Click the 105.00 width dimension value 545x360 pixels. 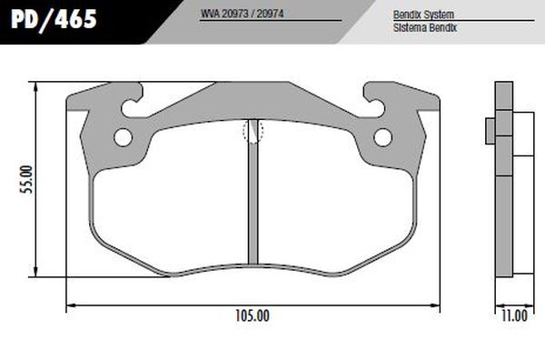(x=252, y=316)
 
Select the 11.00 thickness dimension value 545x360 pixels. (x=514, y=316)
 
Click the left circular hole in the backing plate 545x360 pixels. (x=123, y=137)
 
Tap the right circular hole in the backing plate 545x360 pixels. (x=382, y=137)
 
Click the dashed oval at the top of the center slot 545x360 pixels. (x=253, y=131)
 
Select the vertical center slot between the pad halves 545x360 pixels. (x=253, y=200)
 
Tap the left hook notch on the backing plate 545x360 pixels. (x=130, y=99)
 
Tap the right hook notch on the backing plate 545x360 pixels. (x=375, y=99)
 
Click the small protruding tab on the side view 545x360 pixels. (x=490, y=131)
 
